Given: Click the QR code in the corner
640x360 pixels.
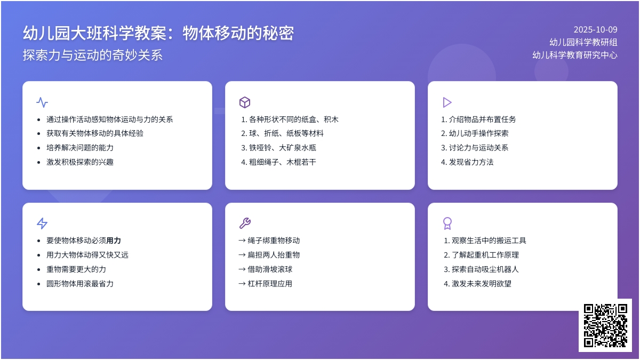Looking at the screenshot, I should (x=605, y=325).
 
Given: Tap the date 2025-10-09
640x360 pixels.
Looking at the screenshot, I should (x=595, y=30).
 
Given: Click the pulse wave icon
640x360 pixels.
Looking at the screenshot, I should (x=42, y=102).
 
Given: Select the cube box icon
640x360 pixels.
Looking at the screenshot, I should (x=245, y=102).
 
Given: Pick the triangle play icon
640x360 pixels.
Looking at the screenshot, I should (x=447, y=102).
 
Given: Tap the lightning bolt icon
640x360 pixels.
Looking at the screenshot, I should (x=42, y=223).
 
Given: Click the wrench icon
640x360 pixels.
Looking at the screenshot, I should (x=245, y=223).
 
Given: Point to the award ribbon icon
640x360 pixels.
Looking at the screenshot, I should (x=447, y=223).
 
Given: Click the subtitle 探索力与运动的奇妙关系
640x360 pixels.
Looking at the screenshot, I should (x=93, y=55).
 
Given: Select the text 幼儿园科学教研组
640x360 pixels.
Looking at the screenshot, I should (x=583, y=42).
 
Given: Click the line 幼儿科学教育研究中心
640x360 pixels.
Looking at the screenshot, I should (x=575, y=54).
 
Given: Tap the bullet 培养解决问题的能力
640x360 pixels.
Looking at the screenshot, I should (x=80, y=148).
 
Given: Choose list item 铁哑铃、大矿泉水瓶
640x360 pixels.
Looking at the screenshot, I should (x=283, y=148).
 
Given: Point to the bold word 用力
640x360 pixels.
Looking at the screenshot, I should (x=114, y=241).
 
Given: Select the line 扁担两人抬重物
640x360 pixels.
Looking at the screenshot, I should (x=274, y=255).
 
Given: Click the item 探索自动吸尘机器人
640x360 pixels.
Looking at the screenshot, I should (x=485, y=269).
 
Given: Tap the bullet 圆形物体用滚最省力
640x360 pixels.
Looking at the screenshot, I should (x=80, y=284).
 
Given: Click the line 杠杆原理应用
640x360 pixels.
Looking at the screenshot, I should (x=270, y=284).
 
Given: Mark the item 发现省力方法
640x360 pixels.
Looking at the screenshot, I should (x=471, y=162).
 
